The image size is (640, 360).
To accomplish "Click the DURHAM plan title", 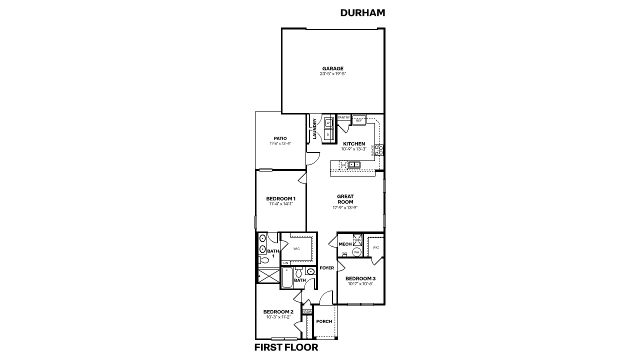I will click(362, 13).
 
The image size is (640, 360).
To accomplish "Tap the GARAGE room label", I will click(332, 68).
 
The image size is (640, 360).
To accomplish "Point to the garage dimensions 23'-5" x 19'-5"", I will click(332, 74).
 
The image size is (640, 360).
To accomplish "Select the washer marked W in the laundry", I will click(328, 123).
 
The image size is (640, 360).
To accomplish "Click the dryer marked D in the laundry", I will click(328, 134).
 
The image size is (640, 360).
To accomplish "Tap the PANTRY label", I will click(343, 117).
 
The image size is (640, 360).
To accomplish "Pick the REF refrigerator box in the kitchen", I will click(359, 120).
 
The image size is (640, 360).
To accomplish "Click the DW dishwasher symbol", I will click(343, 165).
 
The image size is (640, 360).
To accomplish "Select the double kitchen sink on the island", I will click(354, 164).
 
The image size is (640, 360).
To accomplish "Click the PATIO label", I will click(280, 138).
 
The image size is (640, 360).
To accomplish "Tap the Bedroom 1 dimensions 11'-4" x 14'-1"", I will click(280, 204).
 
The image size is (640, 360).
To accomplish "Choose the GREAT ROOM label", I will click(345, 199).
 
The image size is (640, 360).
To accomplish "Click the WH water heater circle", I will click(356, 252).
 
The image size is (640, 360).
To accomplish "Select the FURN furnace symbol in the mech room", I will click(357, 239).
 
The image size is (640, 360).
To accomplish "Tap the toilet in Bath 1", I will click(263, 260).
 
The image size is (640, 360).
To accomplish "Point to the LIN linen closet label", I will click(285, 263).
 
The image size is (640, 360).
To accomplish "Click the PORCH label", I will click(324, 321).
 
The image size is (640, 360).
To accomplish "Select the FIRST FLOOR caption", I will click(286, 347).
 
